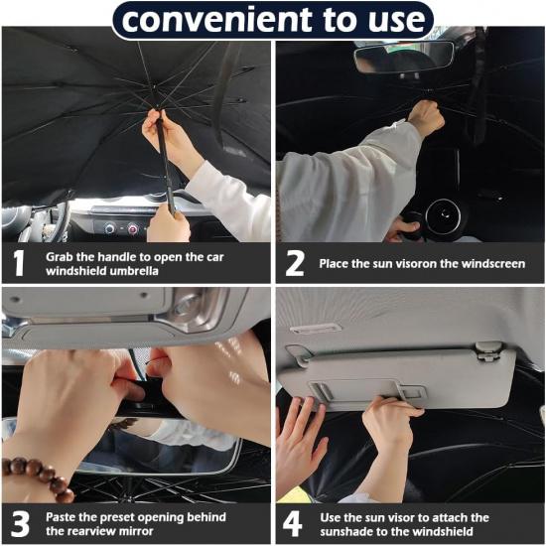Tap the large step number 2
click(295, 263)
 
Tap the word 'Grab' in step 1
click(60, 256)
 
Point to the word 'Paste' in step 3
click(62, 517)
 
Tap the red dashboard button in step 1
click(131, 228)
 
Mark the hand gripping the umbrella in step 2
click(426, 117)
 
